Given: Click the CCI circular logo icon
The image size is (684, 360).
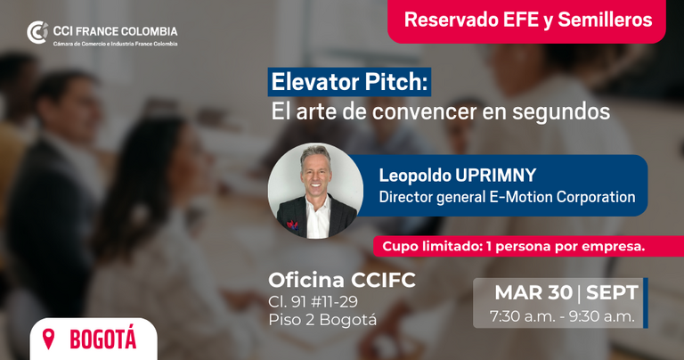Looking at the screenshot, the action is tap(37, 32).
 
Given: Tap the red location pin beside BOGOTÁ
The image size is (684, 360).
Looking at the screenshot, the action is tap(48, 339).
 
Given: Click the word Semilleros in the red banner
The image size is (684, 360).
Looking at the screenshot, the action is tap(605, 20).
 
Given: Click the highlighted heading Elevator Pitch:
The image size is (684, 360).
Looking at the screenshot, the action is tap(349, 82).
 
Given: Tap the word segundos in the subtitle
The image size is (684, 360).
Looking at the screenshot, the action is tap(560, 111).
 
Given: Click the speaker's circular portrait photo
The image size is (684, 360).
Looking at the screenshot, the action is tap(315, 191).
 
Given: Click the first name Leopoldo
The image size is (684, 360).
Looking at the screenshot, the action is tap(415, 176).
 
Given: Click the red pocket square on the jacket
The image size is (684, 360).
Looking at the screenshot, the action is tap(292, 225).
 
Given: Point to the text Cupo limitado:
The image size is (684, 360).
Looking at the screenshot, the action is tap(432, 247).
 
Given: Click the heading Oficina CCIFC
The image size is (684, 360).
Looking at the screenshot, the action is tap(342, 280).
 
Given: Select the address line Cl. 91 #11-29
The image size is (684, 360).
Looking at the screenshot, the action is tap(313, 301).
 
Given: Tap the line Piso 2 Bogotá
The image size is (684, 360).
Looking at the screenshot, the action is tap(322, 319).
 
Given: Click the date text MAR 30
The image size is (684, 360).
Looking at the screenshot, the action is tap(534, 292).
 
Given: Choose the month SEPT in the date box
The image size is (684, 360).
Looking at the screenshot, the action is tap(612, 292).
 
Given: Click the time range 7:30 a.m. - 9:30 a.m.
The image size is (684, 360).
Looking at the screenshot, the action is tap(562, 316).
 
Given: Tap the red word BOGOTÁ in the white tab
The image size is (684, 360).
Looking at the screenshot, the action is tap(103, 339).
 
